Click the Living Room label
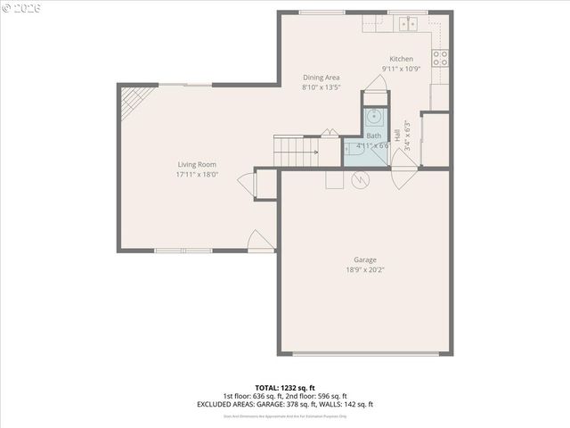coord(197,164)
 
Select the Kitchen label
coord(400,59)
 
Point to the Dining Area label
coord(321,78)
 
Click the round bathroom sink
coord(374,116)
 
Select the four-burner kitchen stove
coord(440,59)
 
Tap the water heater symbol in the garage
coord(360,180)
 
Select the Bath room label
coord(373,136)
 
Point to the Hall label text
coord(397,138)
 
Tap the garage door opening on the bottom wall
coord(370,354)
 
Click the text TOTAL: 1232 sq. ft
coord(284,388)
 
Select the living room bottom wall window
coord(183,251)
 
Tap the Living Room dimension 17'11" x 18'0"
coord(197,175)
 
